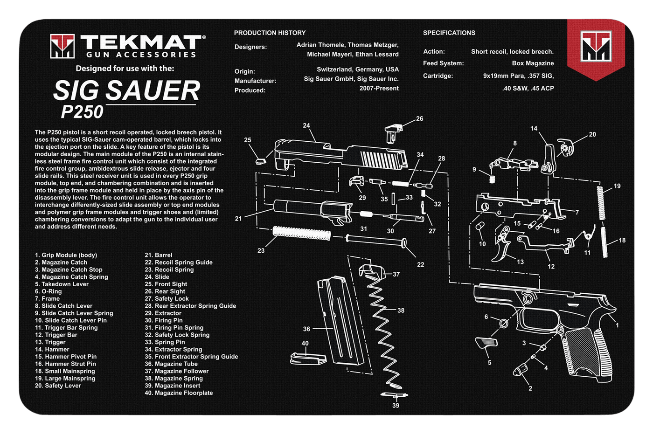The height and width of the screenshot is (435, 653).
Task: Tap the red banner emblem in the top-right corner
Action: coord(596,47)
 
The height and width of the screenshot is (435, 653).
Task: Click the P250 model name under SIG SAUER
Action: coord(82,112)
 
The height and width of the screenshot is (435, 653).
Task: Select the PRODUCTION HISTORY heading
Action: coord(270,33)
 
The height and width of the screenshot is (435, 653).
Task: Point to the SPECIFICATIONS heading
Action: coord(449,33)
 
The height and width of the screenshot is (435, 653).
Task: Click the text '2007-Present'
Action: coord(379,88)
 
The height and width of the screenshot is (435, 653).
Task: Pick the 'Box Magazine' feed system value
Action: coord(533,63)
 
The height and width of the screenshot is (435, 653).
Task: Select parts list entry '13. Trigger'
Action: coord(50,342)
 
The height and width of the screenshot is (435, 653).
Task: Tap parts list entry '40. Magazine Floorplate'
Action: coord(179,393)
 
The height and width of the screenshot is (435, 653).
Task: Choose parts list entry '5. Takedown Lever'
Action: coord(62,284)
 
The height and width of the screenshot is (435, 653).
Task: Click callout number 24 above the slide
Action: coord(306,125)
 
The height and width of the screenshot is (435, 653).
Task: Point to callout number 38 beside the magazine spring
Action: coord(401,310)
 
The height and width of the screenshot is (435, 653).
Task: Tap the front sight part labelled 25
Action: coord(261,161)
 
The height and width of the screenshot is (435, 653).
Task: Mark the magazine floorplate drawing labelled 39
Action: coord(395,395)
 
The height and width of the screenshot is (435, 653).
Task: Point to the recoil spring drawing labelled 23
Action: coord(301,233)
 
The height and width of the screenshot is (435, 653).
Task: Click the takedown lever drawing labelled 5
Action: coord(486,344)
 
